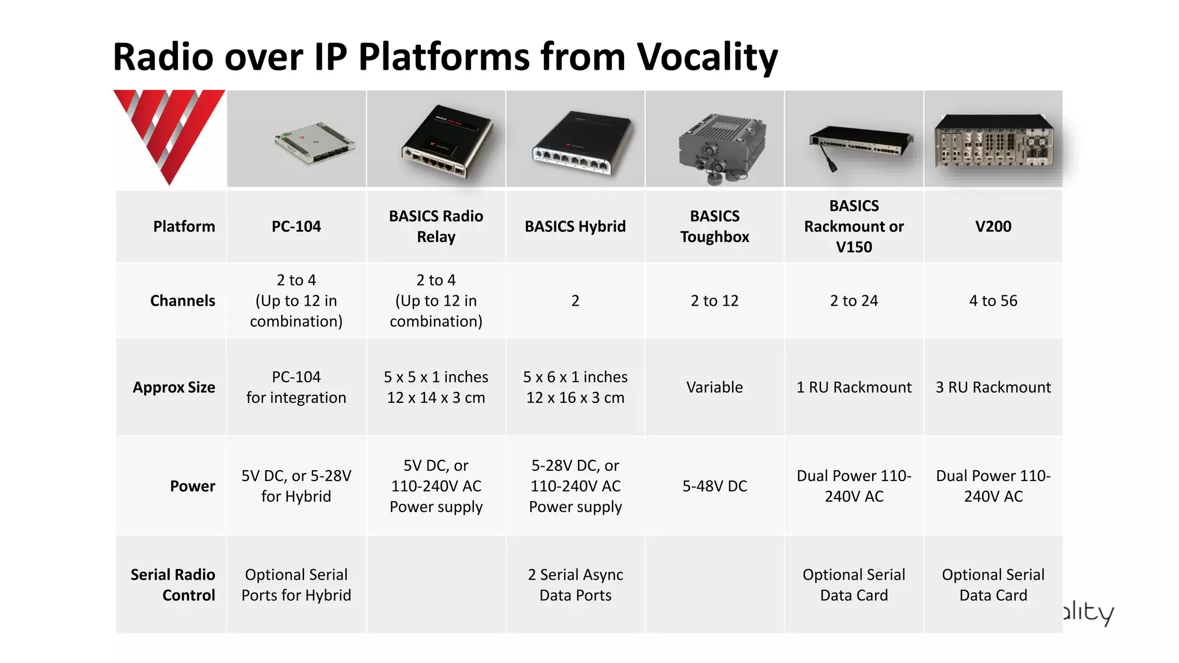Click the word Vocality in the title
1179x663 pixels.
coord(707,58)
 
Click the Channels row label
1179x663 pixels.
coord(182,300)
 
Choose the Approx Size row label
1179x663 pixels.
coord(174,387)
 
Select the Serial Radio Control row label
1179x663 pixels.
coord(173,585)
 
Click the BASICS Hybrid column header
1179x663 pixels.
coord(575,226)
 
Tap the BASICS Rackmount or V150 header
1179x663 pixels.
coord(854,226)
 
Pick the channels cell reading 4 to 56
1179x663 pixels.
coord(993,300)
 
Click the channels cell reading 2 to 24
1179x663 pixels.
coord(854,300)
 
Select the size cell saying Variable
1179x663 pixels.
coord(714,387)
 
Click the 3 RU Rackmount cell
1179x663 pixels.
coord(993,387)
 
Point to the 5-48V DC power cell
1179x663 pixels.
coord(714,486)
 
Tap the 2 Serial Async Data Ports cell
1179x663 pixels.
coord(575,585)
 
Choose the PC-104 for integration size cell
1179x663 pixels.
coord(296,387)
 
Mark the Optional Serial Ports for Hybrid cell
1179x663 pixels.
coord(296,585)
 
